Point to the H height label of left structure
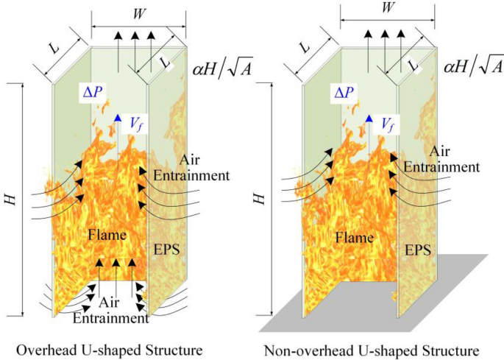11,198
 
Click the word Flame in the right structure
356,236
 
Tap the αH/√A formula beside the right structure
472,68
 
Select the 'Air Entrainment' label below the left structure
111,311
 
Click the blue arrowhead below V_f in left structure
116,119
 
